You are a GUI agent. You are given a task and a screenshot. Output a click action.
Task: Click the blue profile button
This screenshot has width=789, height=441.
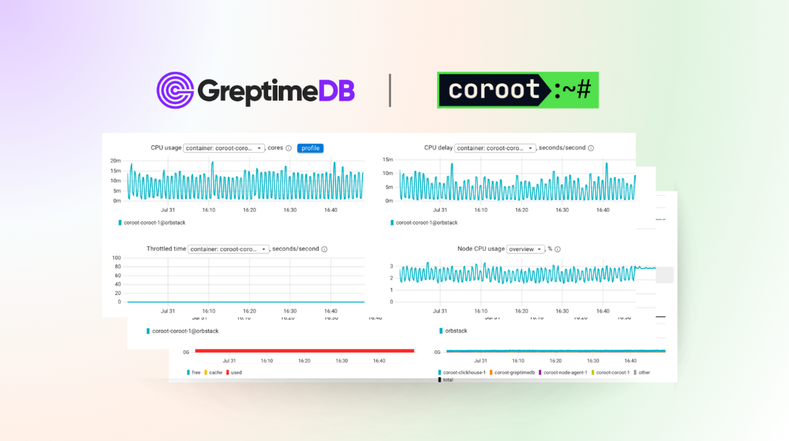(x=310, y=148)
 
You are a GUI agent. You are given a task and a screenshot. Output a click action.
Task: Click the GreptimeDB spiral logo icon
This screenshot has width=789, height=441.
(x=175, y=90)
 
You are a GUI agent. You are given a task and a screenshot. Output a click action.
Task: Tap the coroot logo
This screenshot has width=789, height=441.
(x=517, y=90)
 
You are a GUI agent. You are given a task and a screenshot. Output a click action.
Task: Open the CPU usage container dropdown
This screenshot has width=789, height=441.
(x=224, y=148)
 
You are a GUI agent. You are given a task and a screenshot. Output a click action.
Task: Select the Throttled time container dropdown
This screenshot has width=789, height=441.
(x=229, y=249)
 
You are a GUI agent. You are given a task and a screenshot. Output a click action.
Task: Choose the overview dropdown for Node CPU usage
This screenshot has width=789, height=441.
(x=526, y=249)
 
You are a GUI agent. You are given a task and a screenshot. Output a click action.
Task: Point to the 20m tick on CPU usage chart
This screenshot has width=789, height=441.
(x=116, y=161)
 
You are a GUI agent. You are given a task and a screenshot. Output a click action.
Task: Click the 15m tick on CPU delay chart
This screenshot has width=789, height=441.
(x=388, y=160)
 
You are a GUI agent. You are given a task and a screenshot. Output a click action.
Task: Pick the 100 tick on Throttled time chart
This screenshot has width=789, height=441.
(x=116, y=258)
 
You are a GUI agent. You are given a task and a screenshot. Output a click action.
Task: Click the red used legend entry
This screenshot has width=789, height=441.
(x=233, y=373)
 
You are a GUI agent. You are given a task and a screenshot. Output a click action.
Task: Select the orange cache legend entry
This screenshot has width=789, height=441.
(x=212, y=373)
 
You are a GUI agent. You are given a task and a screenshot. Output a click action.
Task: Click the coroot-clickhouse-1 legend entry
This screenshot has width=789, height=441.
(x=462, y=373)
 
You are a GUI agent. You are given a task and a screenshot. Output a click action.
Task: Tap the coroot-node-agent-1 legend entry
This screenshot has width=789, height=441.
(x=563, y=373)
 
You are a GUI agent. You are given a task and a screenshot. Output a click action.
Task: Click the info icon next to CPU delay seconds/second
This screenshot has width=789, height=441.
(x=590, y=148)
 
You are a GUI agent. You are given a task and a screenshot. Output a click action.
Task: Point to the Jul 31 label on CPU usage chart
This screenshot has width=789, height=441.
(x=168, y=210)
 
